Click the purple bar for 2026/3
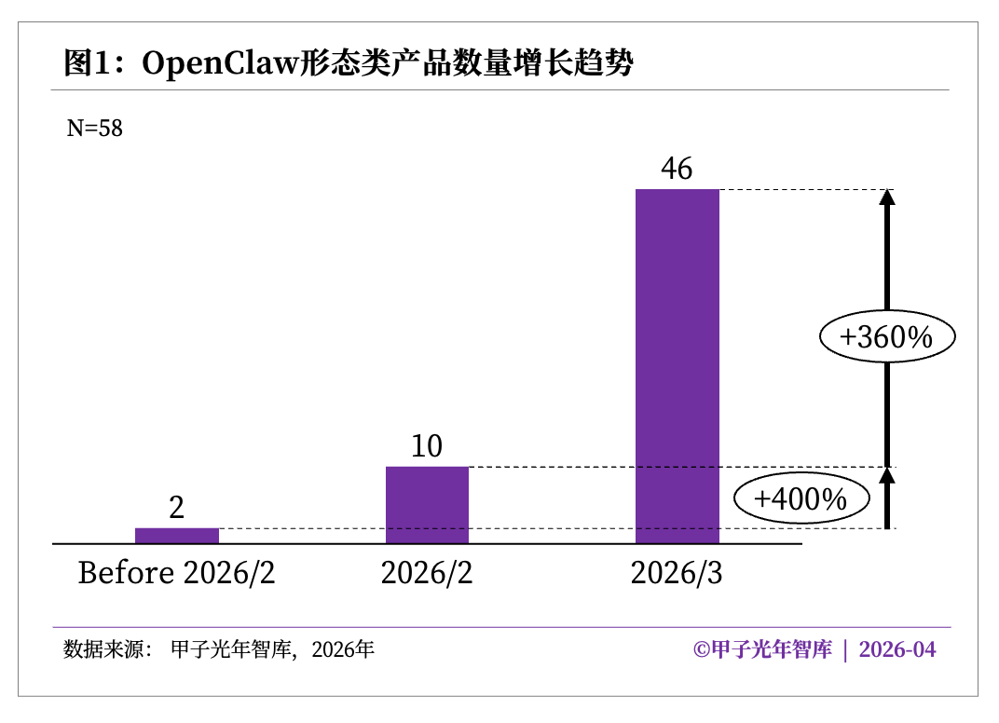click(677, 366)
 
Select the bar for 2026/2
click(427, 504)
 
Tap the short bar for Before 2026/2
click(177, 535)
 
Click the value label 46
click(677, 169)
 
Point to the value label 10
click(427, 446)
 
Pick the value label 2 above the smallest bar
click(177, 508)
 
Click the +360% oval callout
click(886, 337)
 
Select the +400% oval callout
click(801, 499)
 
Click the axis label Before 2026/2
click(177, 572)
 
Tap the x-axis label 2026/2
click(427, 572)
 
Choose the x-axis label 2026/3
click(677, 572)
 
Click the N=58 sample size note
click(94, 129)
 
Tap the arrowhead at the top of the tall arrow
click(887, 198)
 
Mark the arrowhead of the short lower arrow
click(887, 475)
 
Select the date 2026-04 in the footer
click(897, 649)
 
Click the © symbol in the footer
click(702, 649)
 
